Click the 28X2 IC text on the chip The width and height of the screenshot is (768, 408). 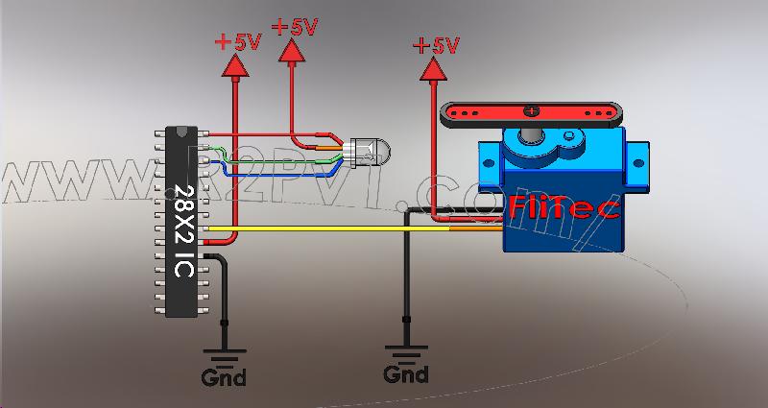[181, 228]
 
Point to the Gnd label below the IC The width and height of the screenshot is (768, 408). [223, 377]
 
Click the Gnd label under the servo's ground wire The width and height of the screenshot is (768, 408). [407, 372]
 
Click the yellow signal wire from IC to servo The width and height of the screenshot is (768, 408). [326, 228]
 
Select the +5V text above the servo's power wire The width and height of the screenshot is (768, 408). [437, 44]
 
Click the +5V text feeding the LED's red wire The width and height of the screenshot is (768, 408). [294, 26]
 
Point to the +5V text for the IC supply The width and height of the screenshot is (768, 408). [236, 41]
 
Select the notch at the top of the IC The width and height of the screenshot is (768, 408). [181, 132]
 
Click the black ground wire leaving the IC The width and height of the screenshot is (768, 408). [224, 288]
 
